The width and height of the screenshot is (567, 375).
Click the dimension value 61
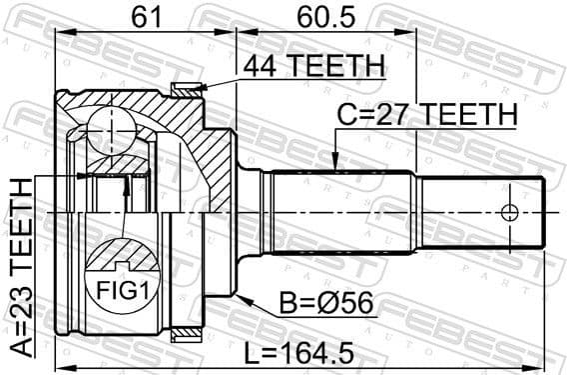point(144,16)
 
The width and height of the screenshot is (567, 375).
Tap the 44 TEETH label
point(312,65)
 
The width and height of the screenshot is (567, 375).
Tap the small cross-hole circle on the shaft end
point(510,213)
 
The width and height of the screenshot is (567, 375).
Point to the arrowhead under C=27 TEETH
point(335,161)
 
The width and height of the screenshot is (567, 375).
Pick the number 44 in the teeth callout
point(259,65)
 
